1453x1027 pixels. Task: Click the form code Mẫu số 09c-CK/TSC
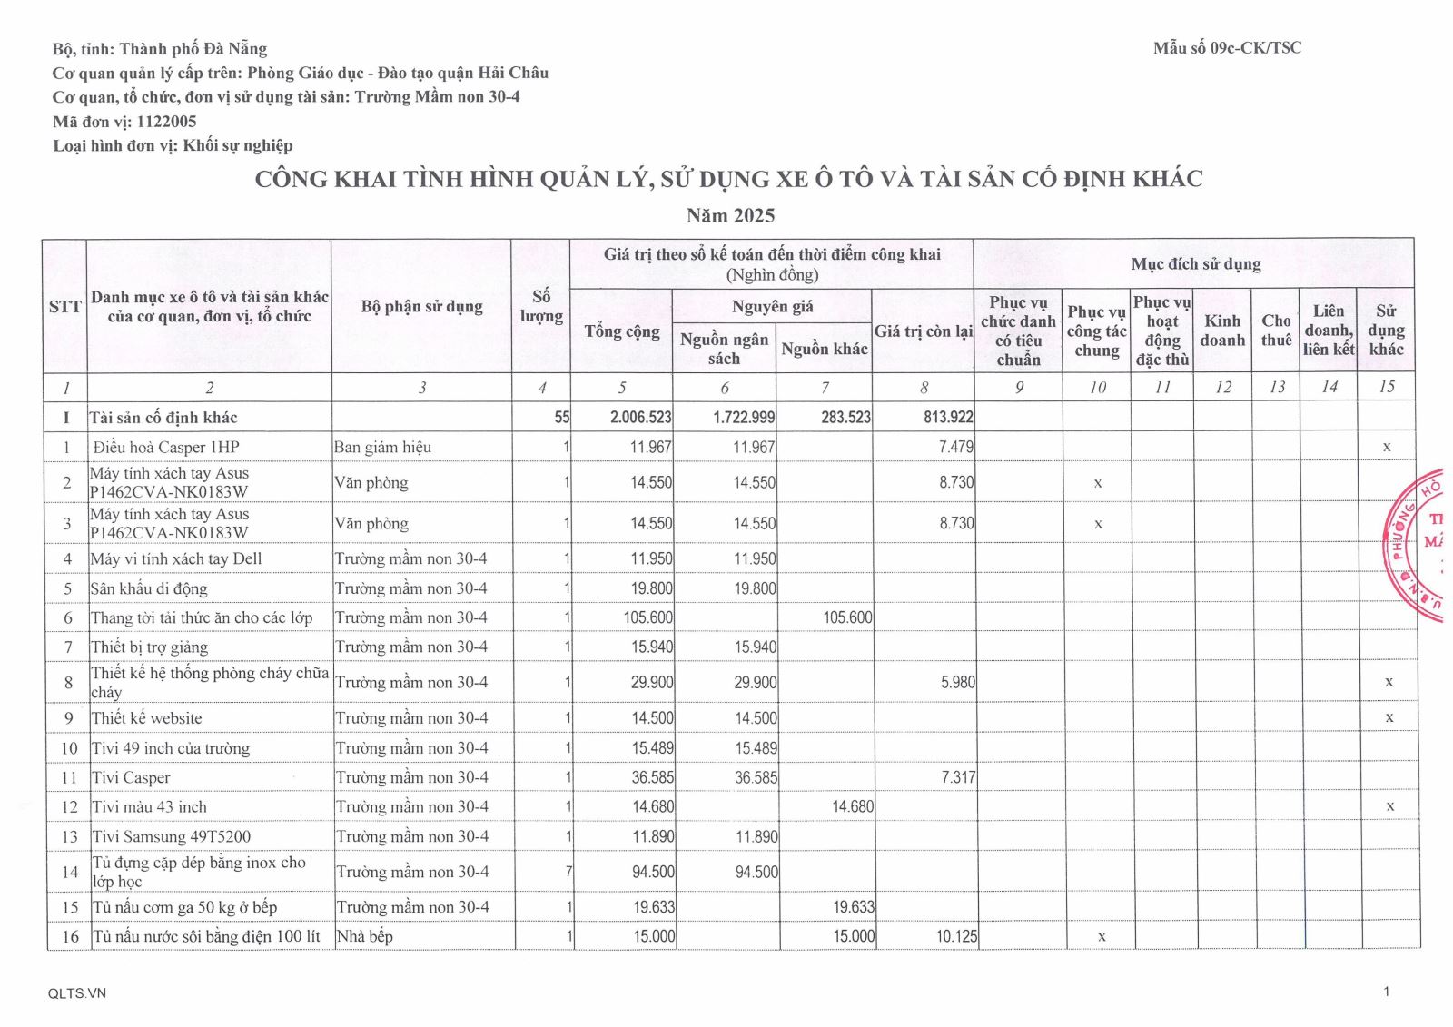click(x=1227, y=48)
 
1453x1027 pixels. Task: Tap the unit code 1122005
click(x=166, y=121)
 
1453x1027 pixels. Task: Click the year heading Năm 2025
click(x=730, y=215)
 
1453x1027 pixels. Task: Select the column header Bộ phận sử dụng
click(x=421, y=306)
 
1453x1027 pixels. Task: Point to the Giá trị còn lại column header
click(x=923, y=331)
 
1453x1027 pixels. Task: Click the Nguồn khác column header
click(x=824, y=349)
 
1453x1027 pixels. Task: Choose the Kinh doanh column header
click(x=1222, y=331)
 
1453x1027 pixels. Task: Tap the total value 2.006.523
click(x=640, y=417)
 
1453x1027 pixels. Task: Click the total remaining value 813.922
click(x=948, y=417)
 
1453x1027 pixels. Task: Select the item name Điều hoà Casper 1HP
click(x=166, y=447)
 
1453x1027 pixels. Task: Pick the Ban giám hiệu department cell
click(x=382, y=447)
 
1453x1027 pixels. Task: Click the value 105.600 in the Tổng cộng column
click(x=647, y=617)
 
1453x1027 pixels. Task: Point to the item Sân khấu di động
click(x=149, y=588)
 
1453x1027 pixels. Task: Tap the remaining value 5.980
click(x=957, y=682)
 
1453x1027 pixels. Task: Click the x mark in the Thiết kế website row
click(x=1389, y=717)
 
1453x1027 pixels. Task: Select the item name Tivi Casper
click(x=132, y=777)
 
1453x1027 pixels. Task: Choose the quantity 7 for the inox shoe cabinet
click(x=568, y=872)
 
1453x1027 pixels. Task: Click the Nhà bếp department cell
click(x=364, y=936)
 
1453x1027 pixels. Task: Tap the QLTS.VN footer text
click(x=77, y=992)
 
